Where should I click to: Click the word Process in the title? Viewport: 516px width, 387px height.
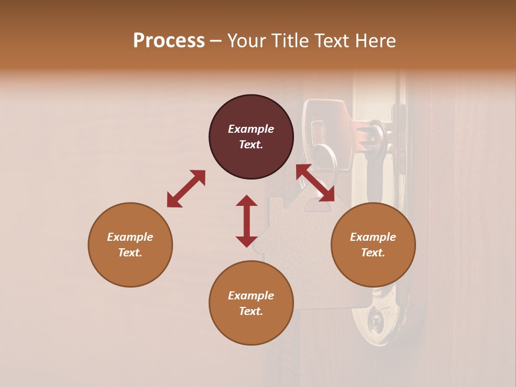click(169, 41)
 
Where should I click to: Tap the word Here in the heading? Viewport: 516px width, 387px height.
click(375, 41)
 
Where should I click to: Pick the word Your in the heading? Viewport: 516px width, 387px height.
click(247, 41)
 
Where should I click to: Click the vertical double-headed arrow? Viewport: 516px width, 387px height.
click(247, 221)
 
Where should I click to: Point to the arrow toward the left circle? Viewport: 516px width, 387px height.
click(186, 189)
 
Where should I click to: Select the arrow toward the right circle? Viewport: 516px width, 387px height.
click(315, 183)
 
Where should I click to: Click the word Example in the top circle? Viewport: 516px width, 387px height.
click(251, 129)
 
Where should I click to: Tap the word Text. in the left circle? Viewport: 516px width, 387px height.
click(130, 253)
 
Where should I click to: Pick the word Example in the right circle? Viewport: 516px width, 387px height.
click(373, 237)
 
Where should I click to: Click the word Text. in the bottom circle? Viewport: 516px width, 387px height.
click(251, 311)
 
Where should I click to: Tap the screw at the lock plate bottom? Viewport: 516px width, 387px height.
click(376, 322)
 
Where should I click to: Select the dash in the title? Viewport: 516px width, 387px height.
click(216, 41)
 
